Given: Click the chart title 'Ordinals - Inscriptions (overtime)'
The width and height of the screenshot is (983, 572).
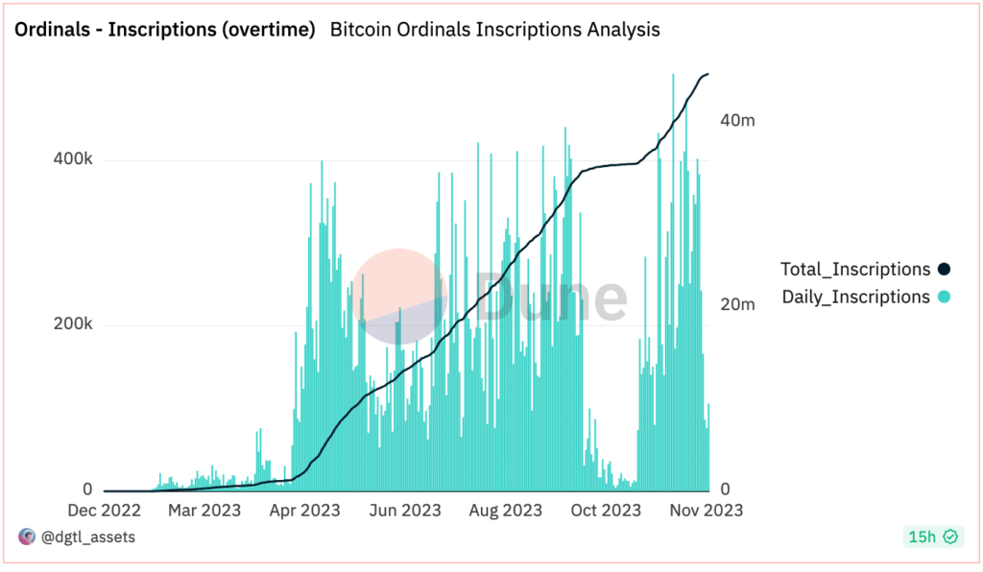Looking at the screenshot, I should (164, 30).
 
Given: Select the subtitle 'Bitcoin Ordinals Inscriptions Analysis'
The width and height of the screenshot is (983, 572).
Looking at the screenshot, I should (494, 30).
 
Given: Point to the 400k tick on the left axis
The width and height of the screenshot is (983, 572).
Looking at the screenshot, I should (72, 159).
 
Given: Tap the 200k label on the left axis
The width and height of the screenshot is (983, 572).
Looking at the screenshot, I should (72, 324).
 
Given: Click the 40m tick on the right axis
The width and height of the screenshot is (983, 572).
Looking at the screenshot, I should (737, 121).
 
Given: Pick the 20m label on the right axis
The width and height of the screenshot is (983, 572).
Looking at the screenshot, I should (737, 304).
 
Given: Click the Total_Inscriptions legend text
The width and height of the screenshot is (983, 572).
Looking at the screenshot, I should (855, 270).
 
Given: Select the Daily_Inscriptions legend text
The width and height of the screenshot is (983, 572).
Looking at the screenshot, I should (855, 298).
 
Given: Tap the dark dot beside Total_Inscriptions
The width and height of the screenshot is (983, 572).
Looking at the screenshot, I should (944, 270).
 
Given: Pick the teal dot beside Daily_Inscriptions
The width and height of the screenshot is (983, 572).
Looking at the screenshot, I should (944, 298).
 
